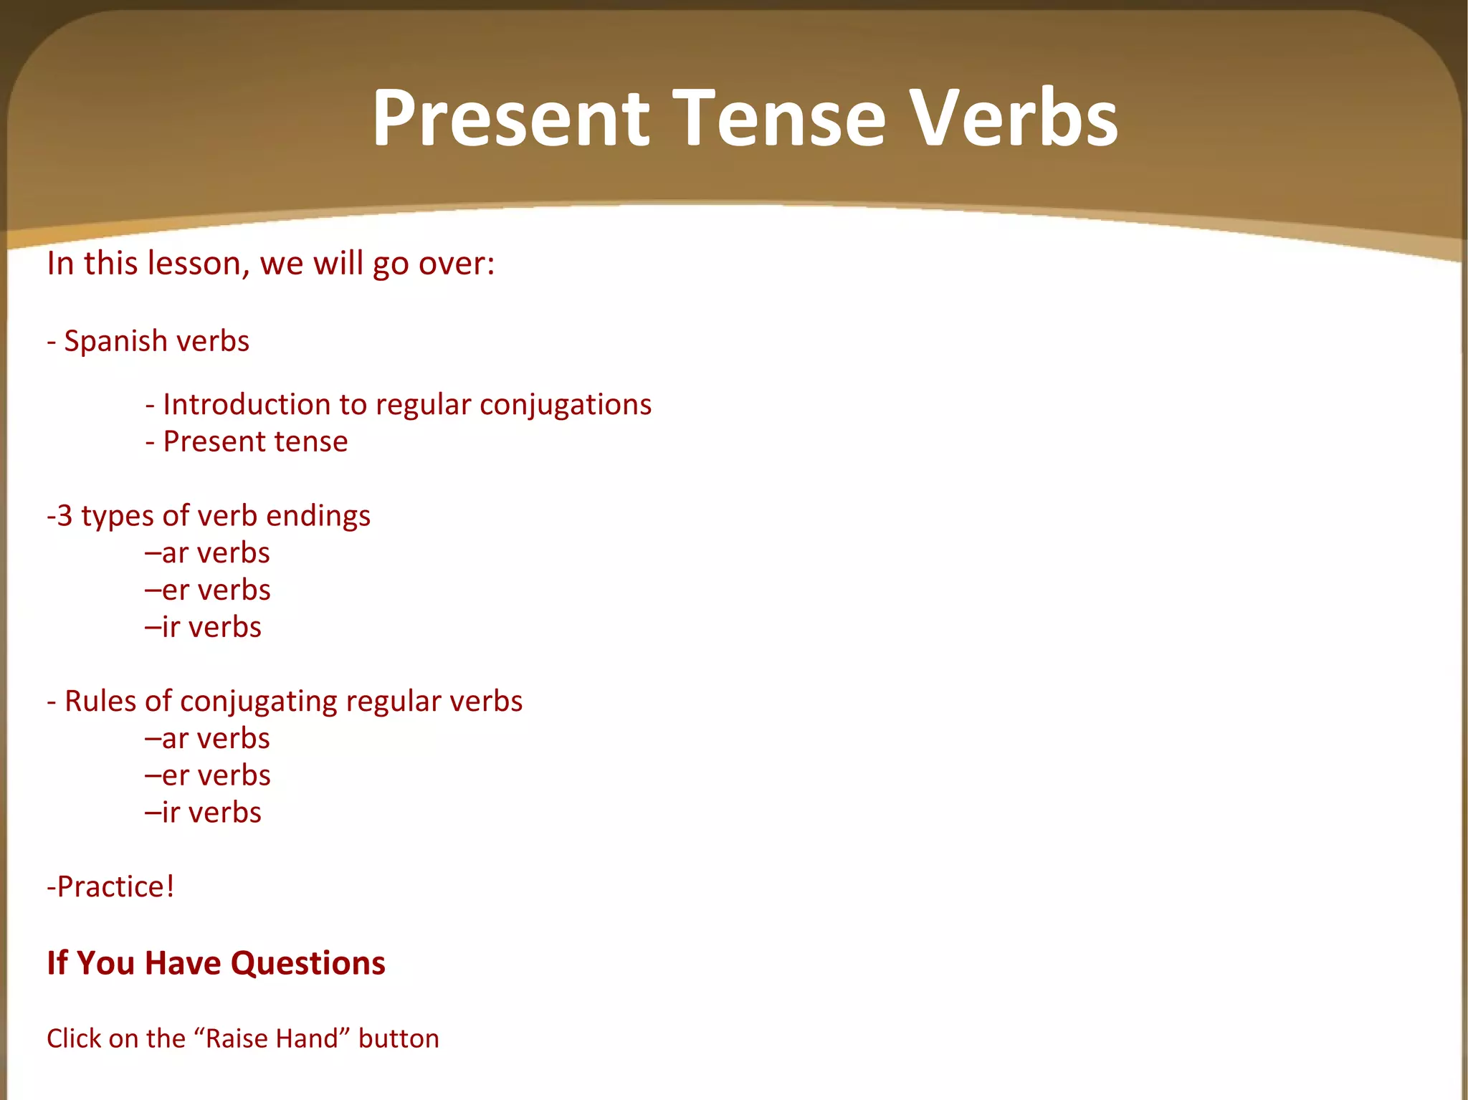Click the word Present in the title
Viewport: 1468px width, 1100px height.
(x=510, y=118)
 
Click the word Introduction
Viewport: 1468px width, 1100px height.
(x=247, y=405)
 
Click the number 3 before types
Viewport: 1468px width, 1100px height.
(x=65, y=516)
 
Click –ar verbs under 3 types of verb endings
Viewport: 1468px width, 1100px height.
(x=208, y=553)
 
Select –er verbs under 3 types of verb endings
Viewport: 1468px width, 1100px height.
(x=208, y=590)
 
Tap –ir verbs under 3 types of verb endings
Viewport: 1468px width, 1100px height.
(x=204, y=628)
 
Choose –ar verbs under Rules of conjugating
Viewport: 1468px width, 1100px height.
(x=208, y=739)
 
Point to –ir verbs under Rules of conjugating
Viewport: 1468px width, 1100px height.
(x=204, y=813)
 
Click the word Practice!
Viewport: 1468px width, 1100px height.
(x=115, y=887)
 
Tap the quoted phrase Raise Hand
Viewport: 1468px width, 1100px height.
(x=270, y=1039)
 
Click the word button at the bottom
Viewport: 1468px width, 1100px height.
(x=399, y=1039)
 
